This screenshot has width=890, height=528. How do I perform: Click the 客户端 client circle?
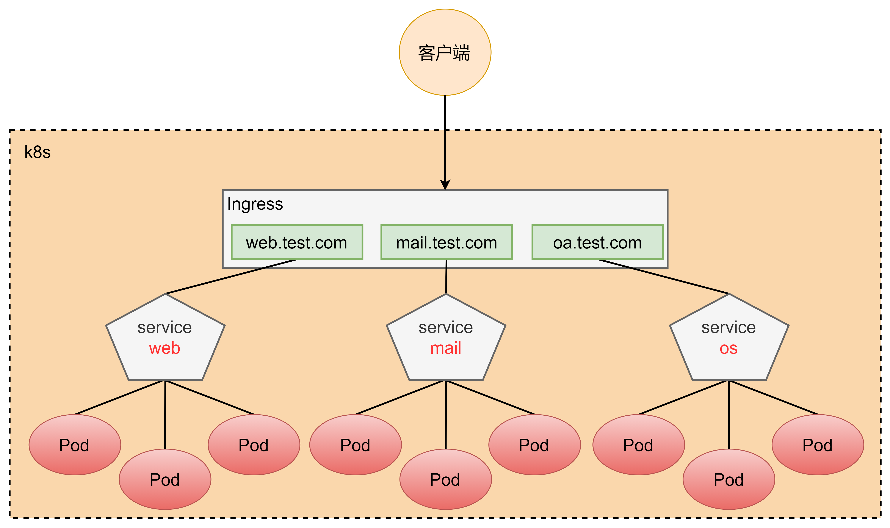pos(445,52)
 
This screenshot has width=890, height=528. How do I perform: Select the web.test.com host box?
pos(297,242)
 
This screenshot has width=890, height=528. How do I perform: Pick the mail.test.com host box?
pos(447,242)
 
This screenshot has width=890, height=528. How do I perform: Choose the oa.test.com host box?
pos(598,242)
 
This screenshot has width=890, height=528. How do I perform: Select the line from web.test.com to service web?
pos(231,277)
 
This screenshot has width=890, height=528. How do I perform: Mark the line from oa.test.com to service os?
pos(663,277)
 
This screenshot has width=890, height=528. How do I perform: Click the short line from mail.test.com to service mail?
pos(446,277)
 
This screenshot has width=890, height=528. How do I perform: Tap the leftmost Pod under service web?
pos(75,445)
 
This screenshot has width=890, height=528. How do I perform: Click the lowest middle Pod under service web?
pos(165,479)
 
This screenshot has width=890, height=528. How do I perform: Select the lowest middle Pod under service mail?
pos(445,479)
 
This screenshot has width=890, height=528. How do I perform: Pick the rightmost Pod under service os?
pos(818,445)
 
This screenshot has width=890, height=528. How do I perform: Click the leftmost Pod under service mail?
pos(356,445)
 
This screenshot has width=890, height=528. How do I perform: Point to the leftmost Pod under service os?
pos(639,445)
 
